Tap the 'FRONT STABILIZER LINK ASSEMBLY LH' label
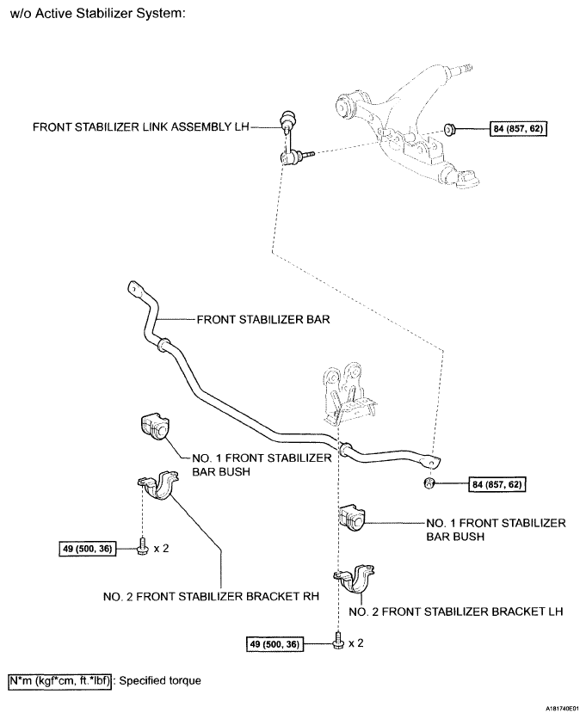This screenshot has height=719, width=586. coord(139,126)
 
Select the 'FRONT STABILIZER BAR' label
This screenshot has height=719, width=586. coord(252,318)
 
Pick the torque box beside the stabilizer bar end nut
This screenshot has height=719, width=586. coord(497,484)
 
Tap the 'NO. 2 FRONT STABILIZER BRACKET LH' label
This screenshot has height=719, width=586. coord(456,612)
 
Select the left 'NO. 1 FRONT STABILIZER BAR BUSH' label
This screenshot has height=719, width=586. coord(264,465)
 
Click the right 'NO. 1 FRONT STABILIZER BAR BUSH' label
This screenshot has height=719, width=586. coord(496,529)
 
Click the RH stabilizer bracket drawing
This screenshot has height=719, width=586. coord(155,489)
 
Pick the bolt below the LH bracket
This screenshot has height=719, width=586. coord(337,642)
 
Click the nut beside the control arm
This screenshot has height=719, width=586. coord(450,130)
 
